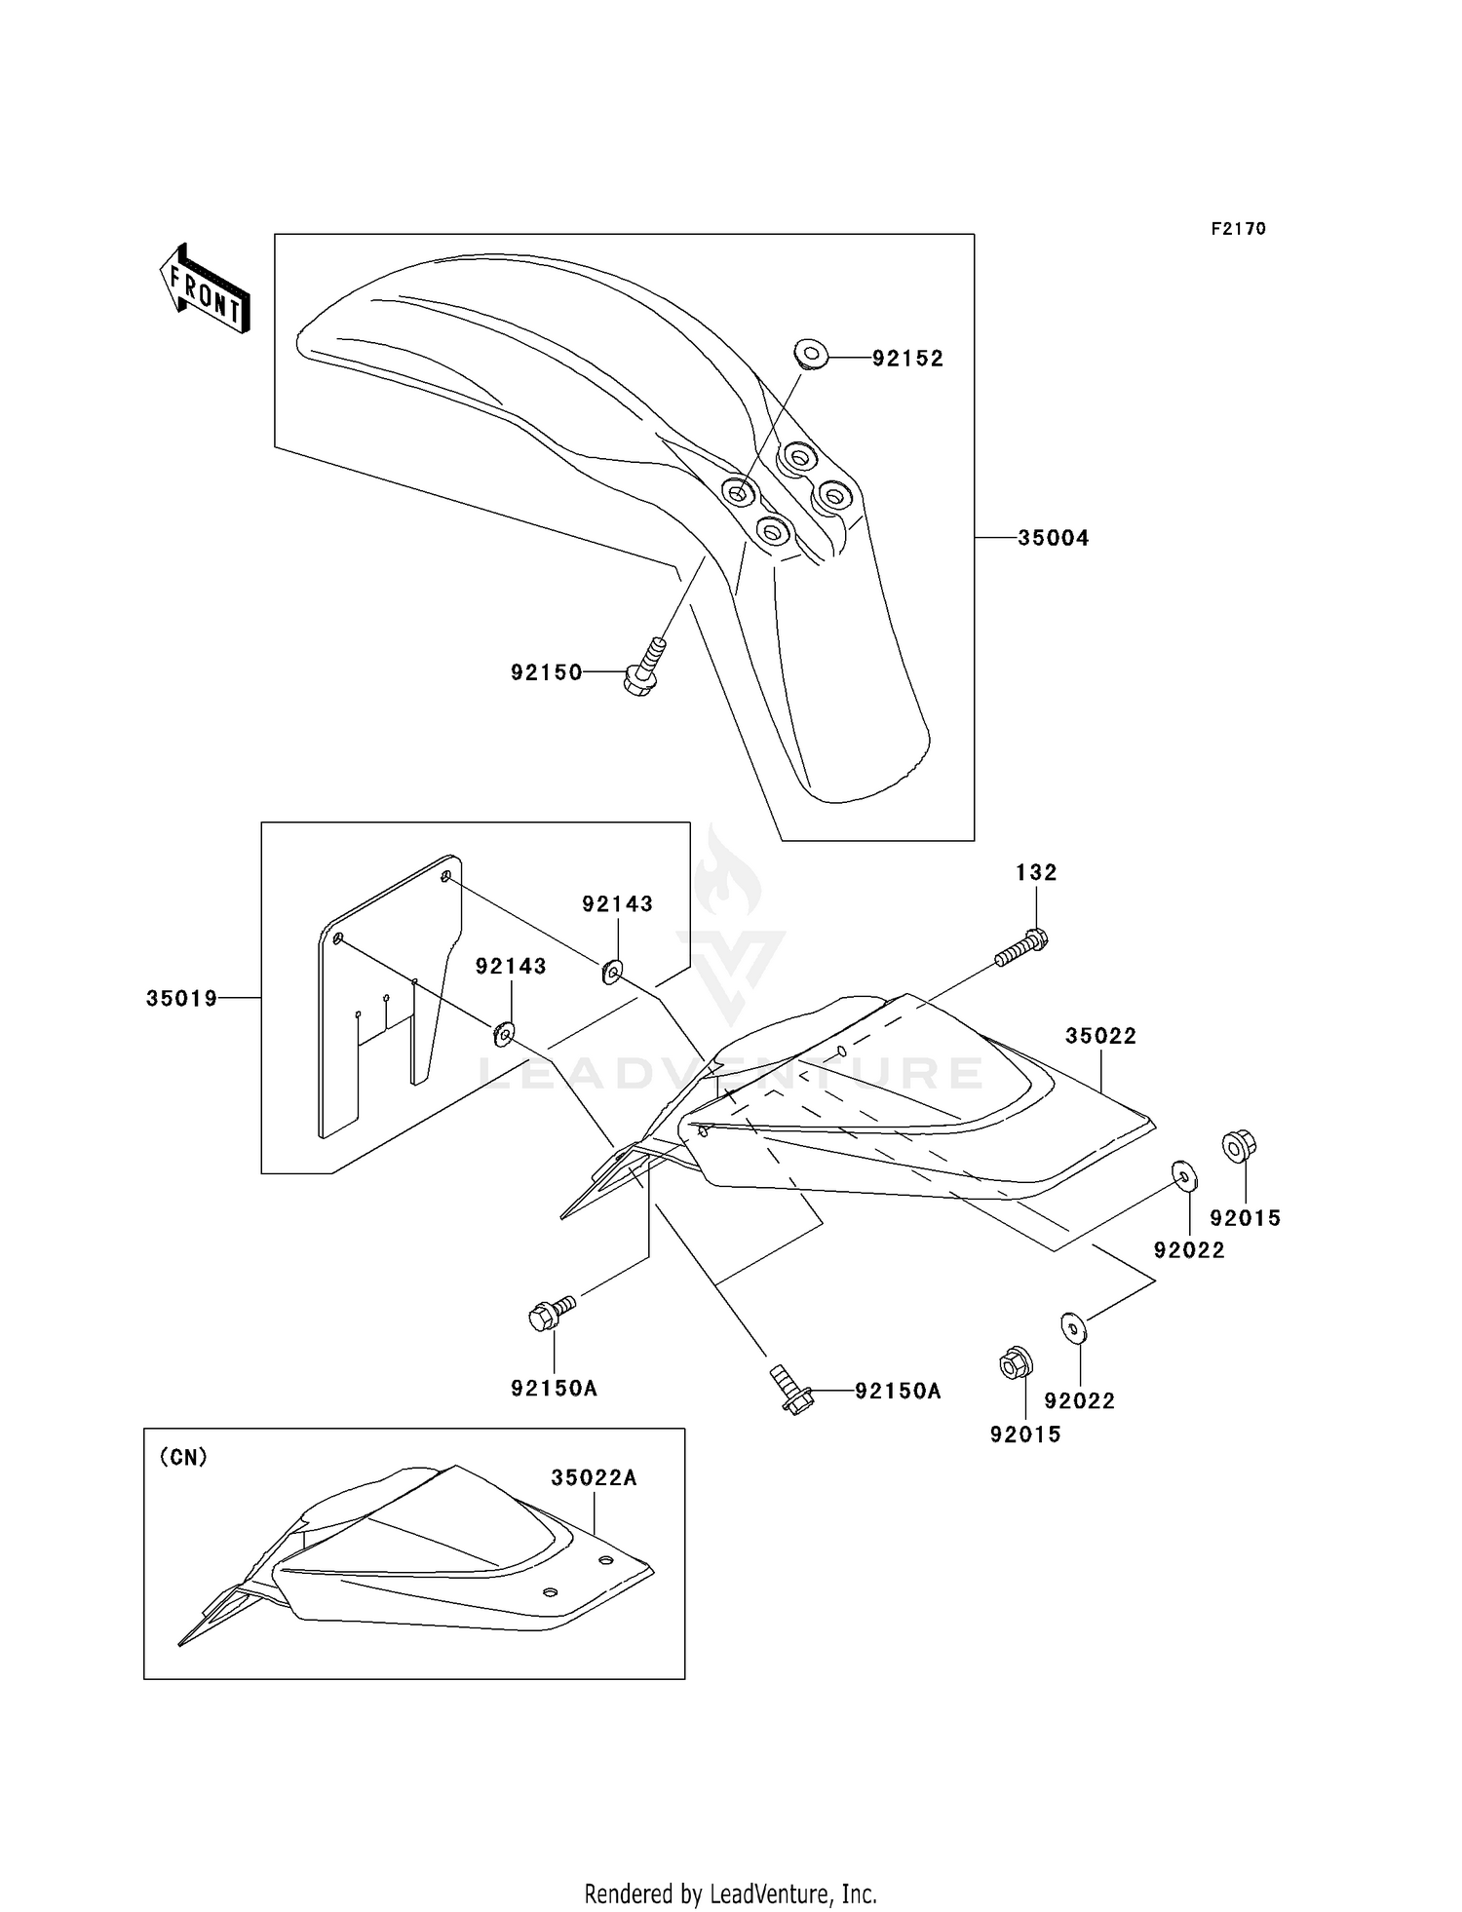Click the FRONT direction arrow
[x=205, y=288]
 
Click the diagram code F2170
[x=1238, y=229]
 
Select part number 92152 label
[x=907, y=359]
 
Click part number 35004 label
[x=1053, y=538]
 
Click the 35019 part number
[x=182, y=999]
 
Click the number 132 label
[x=1036, y=873]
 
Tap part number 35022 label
[x=1100, y=1036]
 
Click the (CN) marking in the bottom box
[x=183, y=1457]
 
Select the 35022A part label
[x=594, y=1477]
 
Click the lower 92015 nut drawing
[x=1016, y=1362]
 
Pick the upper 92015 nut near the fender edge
[x=1239, y=1145]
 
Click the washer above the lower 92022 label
[x=1073, y=1328]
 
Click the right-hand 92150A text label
[x=898, y=1392]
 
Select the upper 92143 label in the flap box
[x=617, y=904]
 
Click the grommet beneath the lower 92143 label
[x=504, y=1032]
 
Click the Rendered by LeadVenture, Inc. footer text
[x=730, y=1893]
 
